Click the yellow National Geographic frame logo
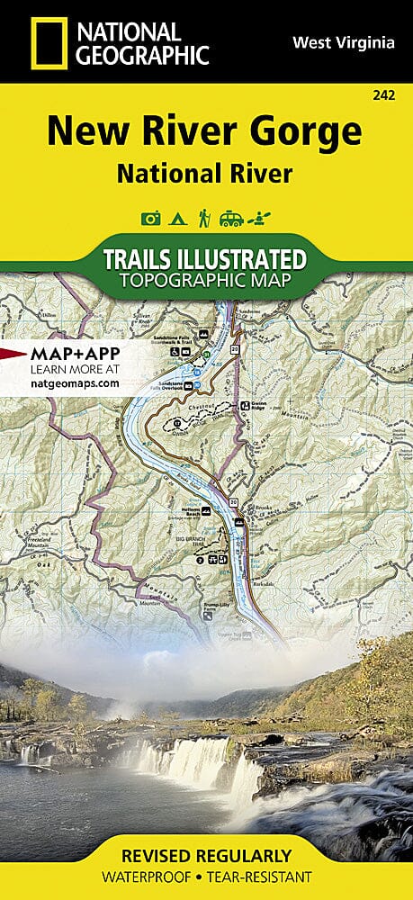coord(48,42)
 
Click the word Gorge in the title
coord(302,131)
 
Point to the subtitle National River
coord(203,174)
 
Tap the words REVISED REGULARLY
coord(206,854)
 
